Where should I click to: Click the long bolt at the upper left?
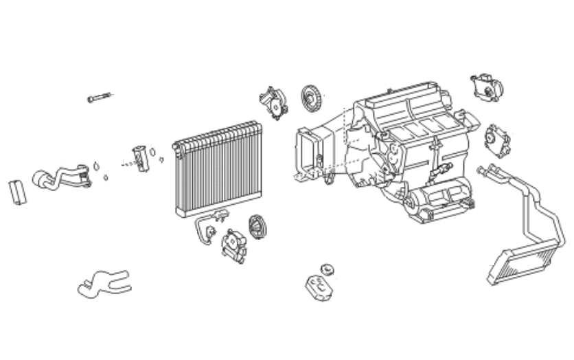pyautogui.click(x=98, y=98)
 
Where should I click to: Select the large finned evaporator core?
pyautogui.click(x=217, y=168)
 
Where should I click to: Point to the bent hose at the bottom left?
pyautogui.click(x=103, y=282)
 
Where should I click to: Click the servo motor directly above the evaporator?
pyautogui.click(x=274, y=102)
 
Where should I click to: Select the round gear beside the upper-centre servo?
pyautogui.click(x=312, y=98)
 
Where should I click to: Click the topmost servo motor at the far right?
pyautogui.click(x=487, y=87)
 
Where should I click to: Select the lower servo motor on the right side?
pyautogui.click(x=499, y=140)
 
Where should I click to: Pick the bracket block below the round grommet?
pyautogui.click(x=319, y=286)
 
